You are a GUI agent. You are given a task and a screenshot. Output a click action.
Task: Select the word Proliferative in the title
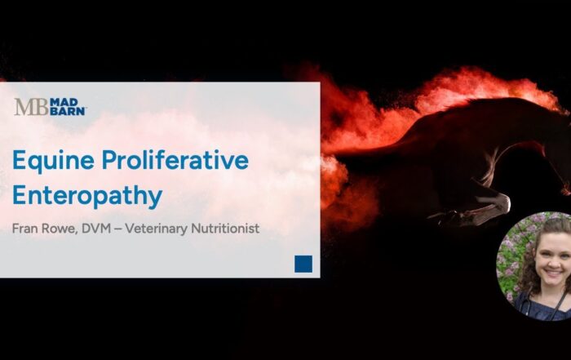tap(173, 160)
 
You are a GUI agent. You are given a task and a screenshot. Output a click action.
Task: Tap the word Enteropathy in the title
tap(87, 197)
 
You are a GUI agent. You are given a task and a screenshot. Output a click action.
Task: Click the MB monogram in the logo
tap(30, 107)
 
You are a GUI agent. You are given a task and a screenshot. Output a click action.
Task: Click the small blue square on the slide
tap(303, 264)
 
